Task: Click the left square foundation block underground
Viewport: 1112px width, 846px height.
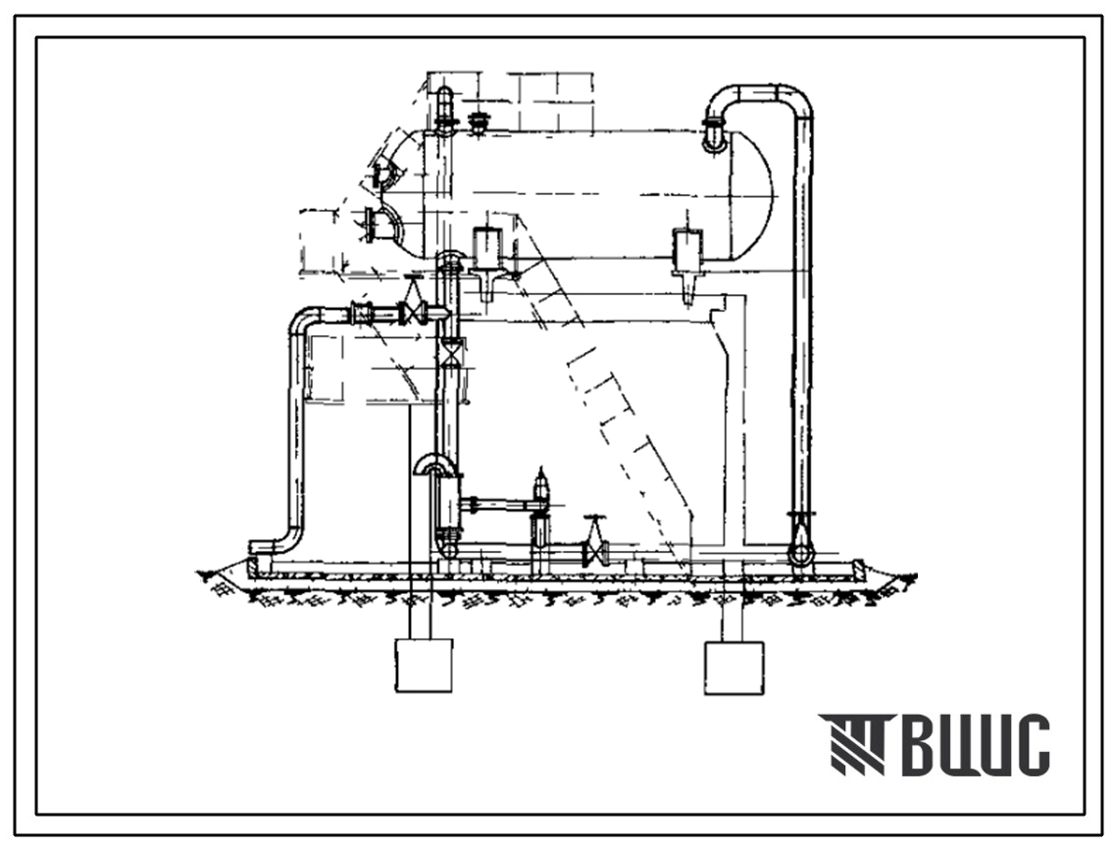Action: click(424, 665)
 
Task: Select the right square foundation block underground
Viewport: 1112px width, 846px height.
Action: click(733, 668)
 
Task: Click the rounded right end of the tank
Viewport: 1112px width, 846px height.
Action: click(752, 195)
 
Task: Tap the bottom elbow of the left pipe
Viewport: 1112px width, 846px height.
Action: click(278, 542)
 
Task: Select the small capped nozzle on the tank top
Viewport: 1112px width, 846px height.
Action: click(480, 122)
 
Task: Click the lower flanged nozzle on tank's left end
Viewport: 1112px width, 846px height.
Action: click(380, 224)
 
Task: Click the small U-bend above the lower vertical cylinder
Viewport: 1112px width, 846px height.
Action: click(435, 465)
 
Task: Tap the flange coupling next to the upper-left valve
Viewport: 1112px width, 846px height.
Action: click(362, 314)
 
